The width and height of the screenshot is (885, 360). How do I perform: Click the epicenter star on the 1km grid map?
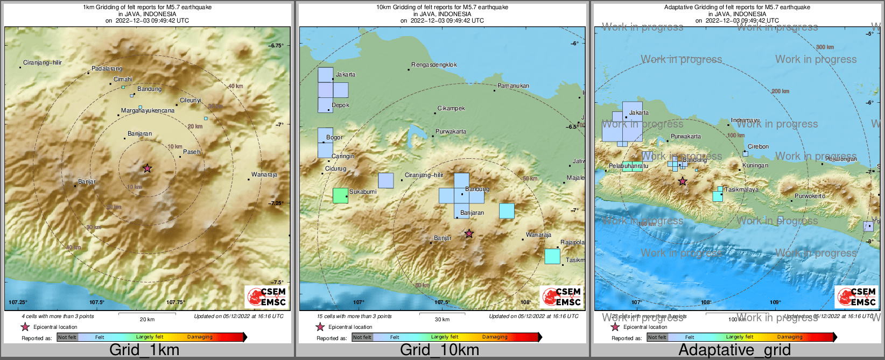pyautogui.click(x=147, y=168)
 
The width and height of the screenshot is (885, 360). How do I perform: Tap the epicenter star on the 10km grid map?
pyautogui.click(x=469, y=234)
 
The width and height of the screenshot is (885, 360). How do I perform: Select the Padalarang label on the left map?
pyautogui.click(x=107, y=69)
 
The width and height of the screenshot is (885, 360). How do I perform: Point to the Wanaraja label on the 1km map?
pyautogui.click(x=264, y=175)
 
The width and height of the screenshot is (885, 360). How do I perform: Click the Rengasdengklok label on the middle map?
pyautogui.click(x=434, y=65)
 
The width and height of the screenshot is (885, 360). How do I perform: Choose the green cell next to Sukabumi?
pyautogui.click(x=340, y=195)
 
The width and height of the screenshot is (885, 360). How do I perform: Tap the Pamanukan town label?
pyautogui.click(x=513, y=86)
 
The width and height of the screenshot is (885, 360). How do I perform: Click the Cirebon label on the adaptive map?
pyautogui.click(x=758, y=146)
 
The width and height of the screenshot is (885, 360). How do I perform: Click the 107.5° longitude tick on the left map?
pyautogui.click(x=97, y=302)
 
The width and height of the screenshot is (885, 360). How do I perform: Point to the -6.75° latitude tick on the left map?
pyautogui.click(x=276, y=46)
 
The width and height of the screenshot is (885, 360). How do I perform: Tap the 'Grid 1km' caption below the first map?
pyautogui.click(x=144, y=350)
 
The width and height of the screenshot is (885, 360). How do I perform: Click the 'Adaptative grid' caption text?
pyautogui.click(x=734, y=350)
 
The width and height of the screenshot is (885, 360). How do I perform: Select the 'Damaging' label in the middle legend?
pyautogui.click(x=495, y=337)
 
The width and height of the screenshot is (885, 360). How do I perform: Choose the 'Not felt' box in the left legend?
pyautogui.click(x=67, y=337)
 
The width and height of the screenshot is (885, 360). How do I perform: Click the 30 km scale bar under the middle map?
pyautogui.click(x=442, y=313)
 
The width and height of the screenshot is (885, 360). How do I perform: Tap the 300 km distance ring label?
pyautogui.click(x=825, y=47)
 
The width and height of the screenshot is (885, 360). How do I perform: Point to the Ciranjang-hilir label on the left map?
pyautogui.click(x=43, y=63)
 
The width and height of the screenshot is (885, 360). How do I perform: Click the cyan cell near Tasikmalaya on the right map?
pyautogui.click(x=718, y=195)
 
